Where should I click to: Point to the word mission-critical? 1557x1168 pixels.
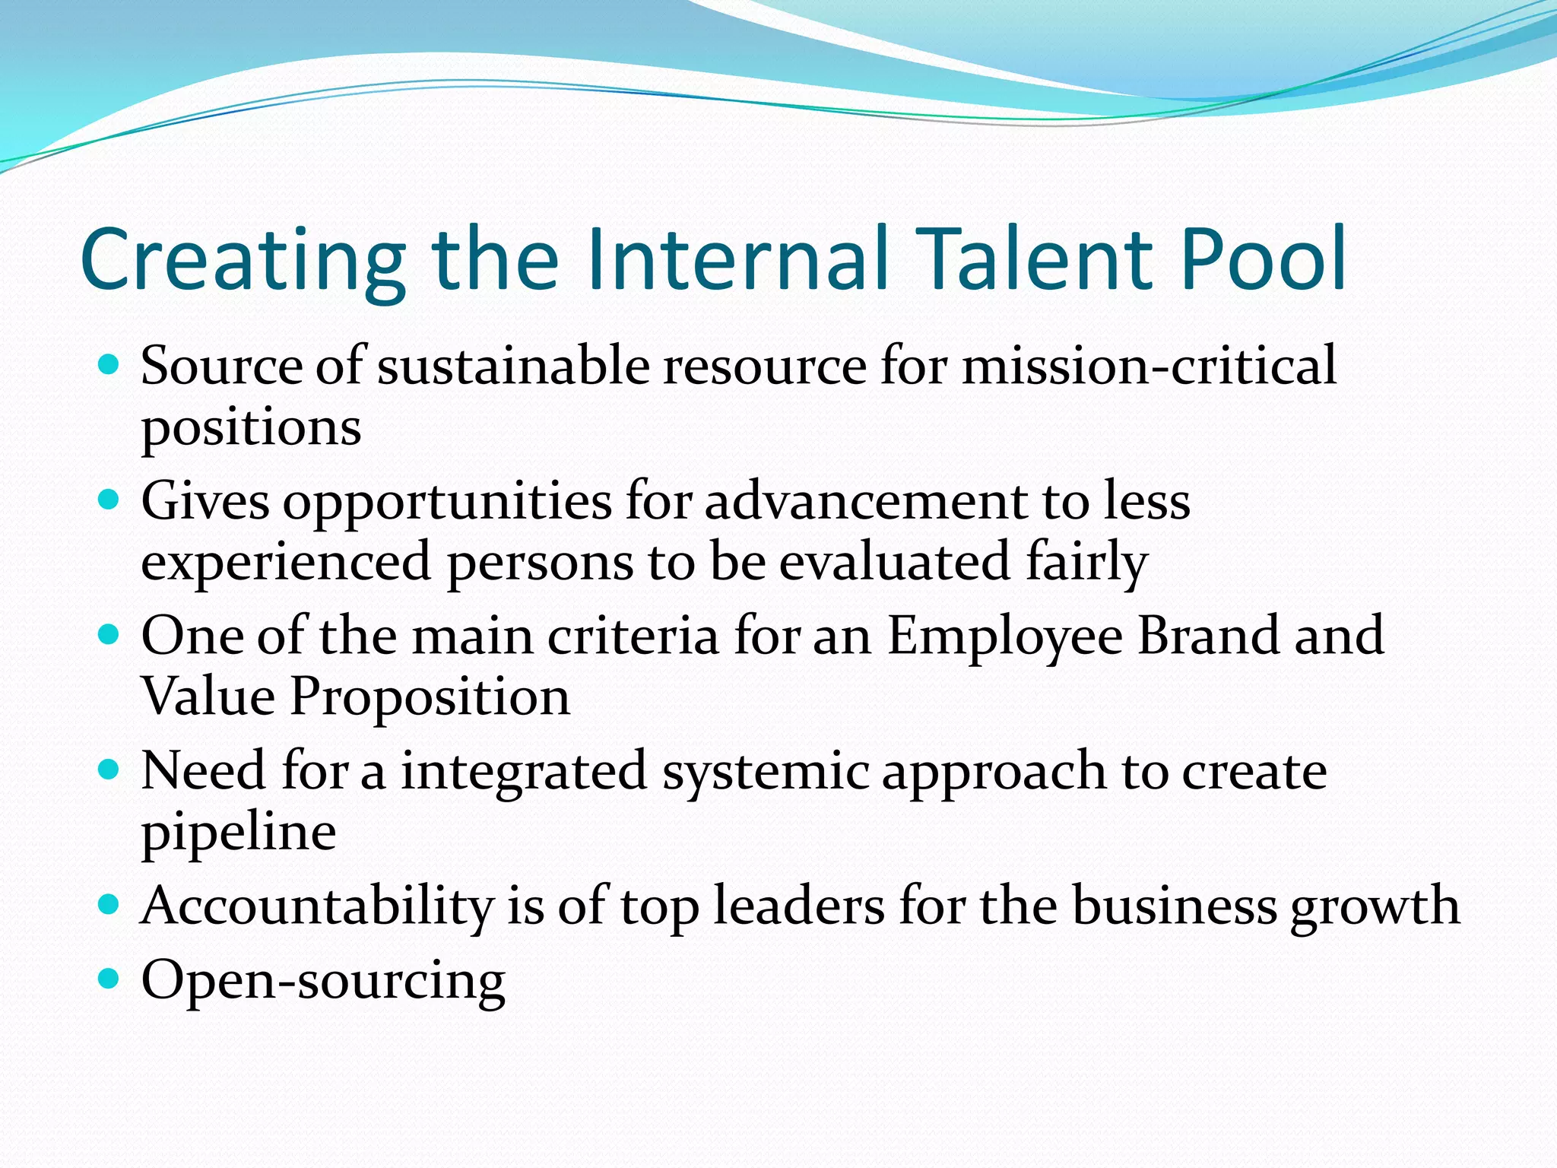pos(1149,366)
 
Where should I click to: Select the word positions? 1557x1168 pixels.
pos(251,429)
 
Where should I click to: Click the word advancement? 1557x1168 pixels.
pos(867,501)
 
